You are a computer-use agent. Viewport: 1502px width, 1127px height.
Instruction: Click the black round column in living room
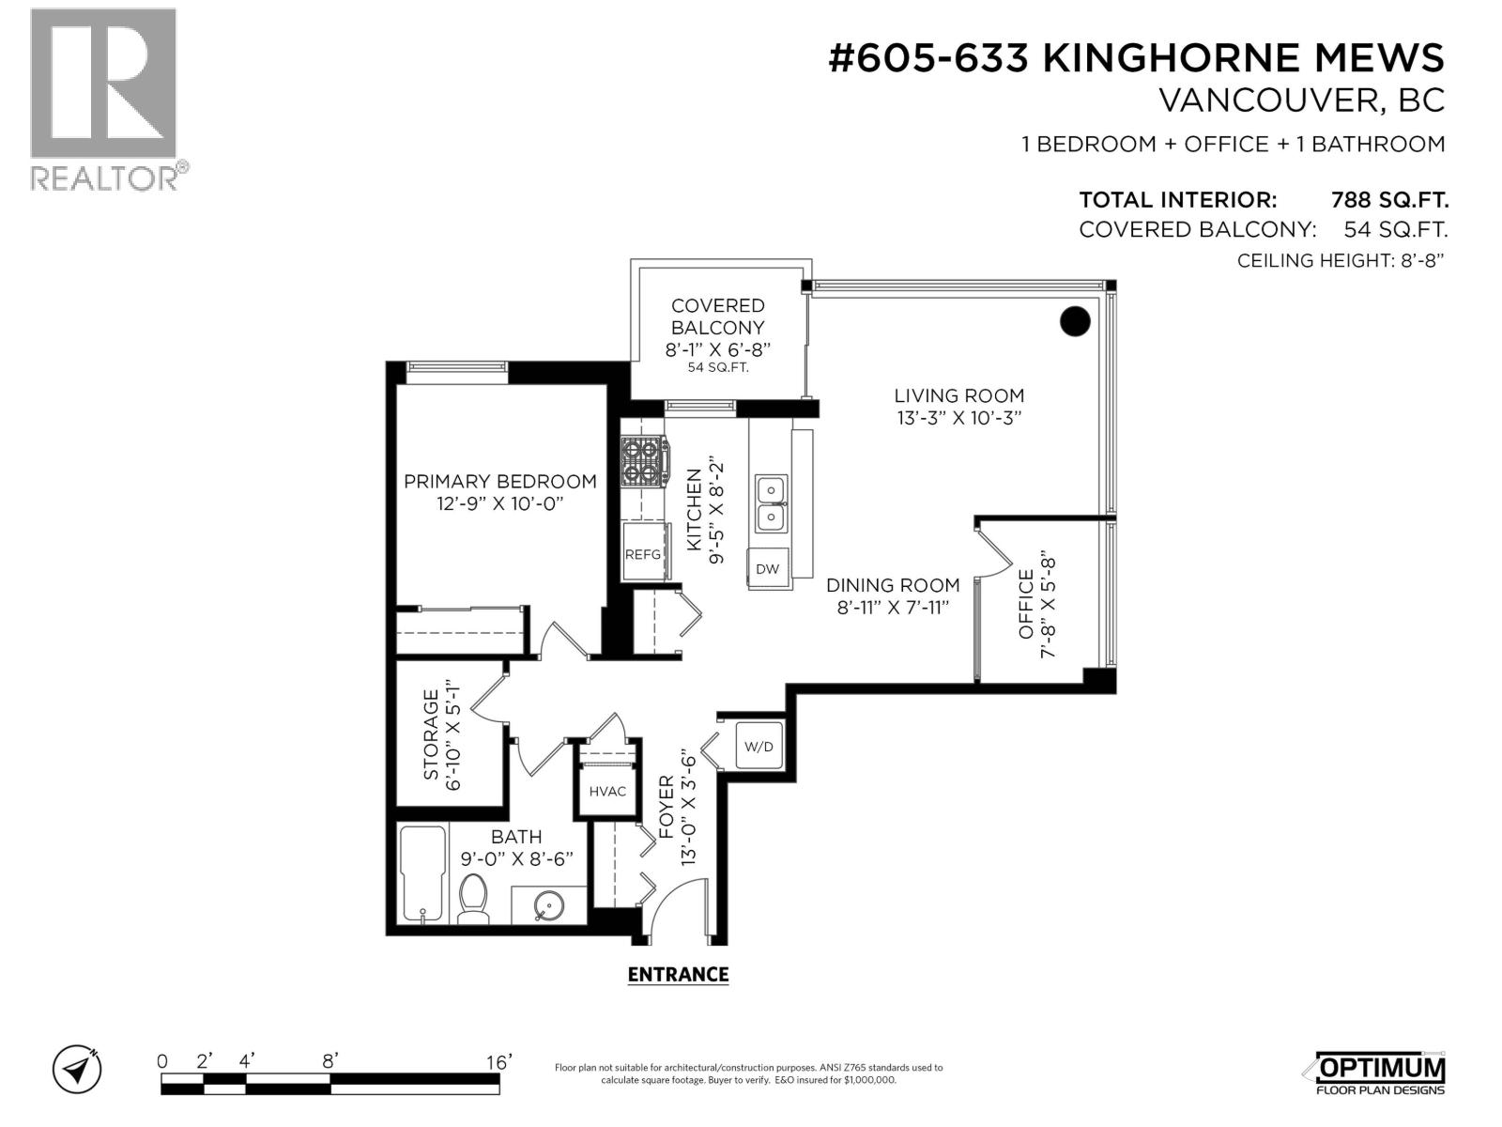click(x=1075, y=322)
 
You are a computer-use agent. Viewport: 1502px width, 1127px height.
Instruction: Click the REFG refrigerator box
click(x=643, y=554)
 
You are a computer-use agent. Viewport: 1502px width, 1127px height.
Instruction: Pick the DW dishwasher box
click(x=768, y=569)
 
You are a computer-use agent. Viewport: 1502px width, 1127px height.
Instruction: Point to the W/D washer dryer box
click(x=759, y=747)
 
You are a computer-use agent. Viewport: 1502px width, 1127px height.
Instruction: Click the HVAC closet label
click(x=607, y=792)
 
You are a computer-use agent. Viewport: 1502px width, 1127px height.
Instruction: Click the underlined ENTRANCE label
click(x=678, y=975)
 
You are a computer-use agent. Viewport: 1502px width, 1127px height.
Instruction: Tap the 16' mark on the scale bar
click(x=498, y=1062)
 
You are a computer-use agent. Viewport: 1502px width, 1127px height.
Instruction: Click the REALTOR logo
click(x=103, y=99)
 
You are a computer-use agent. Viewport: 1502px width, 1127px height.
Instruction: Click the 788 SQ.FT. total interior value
click(x=1389, y=200)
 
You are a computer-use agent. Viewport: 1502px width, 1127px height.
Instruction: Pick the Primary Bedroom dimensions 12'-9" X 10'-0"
click(x=499, y=504)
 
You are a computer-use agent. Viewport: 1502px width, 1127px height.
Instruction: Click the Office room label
click(x=1025, y=605)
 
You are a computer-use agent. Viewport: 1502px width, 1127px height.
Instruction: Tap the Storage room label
click(x=431, y=735)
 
